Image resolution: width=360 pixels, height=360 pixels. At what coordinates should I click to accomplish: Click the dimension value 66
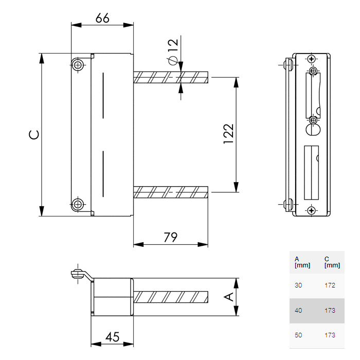(102, 17)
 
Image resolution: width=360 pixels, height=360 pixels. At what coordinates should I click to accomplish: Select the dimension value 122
(229, 134)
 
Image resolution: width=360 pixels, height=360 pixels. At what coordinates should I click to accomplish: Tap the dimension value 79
(170, 238)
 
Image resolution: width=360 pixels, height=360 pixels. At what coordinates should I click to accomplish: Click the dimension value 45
(112, 337)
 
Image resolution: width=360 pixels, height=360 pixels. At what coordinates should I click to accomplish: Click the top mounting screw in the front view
(78, 65)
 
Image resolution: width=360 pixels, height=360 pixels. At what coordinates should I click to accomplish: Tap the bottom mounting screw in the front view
(78, 204)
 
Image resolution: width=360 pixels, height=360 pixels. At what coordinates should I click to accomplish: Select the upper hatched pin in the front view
(171, 78)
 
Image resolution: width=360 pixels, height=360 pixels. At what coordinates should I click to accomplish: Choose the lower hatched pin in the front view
(171, 192)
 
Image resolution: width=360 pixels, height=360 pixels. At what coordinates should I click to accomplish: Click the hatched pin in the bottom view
(171, 297)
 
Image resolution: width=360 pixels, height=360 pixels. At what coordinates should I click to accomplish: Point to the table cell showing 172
(330, 285)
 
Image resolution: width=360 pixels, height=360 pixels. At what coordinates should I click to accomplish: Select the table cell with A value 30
(299, 285)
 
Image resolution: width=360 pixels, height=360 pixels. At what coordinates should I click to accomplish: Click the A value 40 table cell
(299, 311)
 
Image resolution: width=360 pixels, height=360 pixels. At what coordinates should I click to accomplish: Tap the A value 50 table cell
(299, 335)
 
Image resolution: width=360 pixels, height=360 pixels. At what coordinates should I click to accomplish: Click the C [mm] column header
(332, 262)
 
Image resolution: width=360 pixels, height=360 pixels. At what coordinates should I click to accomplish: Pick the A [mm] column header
(302, 262)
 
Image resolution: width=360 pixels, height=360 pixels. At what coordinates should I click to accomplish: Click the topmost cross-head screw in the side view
(311, 59)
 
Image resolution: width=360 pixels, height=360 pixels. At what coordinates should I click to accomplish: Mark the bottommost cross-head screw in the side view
(311, 210)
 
